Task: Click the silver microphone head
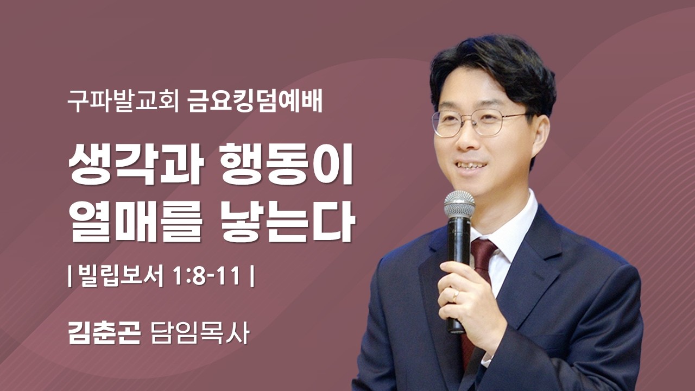[x=459, y=205]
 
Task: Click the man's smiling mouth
[x=470, y=165]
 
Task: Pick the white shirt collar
[x=510, y=228]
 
